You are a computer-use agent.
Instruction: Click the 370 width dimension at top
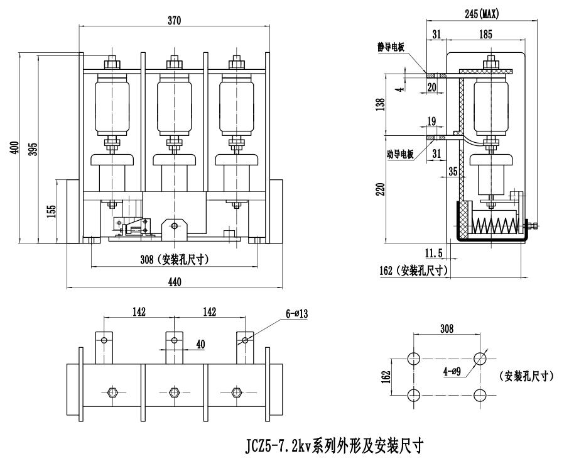coord(175,21)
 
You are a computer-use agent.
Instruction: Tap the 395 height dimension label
coord(33,148)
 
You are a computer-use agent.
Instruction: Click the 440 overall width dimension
coord(175,282)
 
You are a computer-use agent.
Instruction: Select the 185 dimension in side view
coord(485,35)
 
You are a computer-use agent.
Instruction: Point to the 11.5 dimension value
coord(434,253)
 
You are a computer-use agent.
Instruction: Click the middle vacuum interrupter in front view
coord(174,104)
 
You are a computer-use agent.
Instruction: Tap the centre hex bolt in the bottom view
coord(174,393)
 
